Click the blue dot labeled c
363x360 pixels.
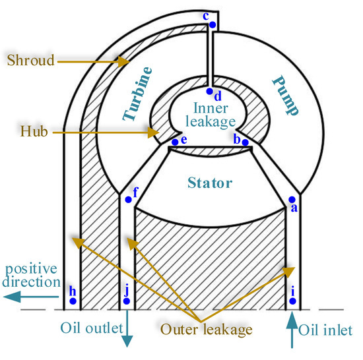pyautogui.click(x=212, y=25)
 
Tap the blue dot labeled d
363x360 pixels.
pyautogui.click(x=209, y=92)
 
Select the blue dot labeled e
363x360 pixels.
pyautogui.click(x=175, y=141)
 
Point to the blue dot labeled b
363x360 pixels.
pyautogui.click(x=245, y=142)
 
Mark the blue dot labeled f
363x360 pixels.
pyautogui.click(x=128, y=198)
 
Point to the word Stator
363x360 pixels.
pyautogui.click(x=209, y=183)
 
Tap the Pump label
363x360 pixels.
pyautogui.click(x=281, y=86)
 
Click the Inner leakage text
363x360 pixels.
pyautogui.click(x=210, y=115)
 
